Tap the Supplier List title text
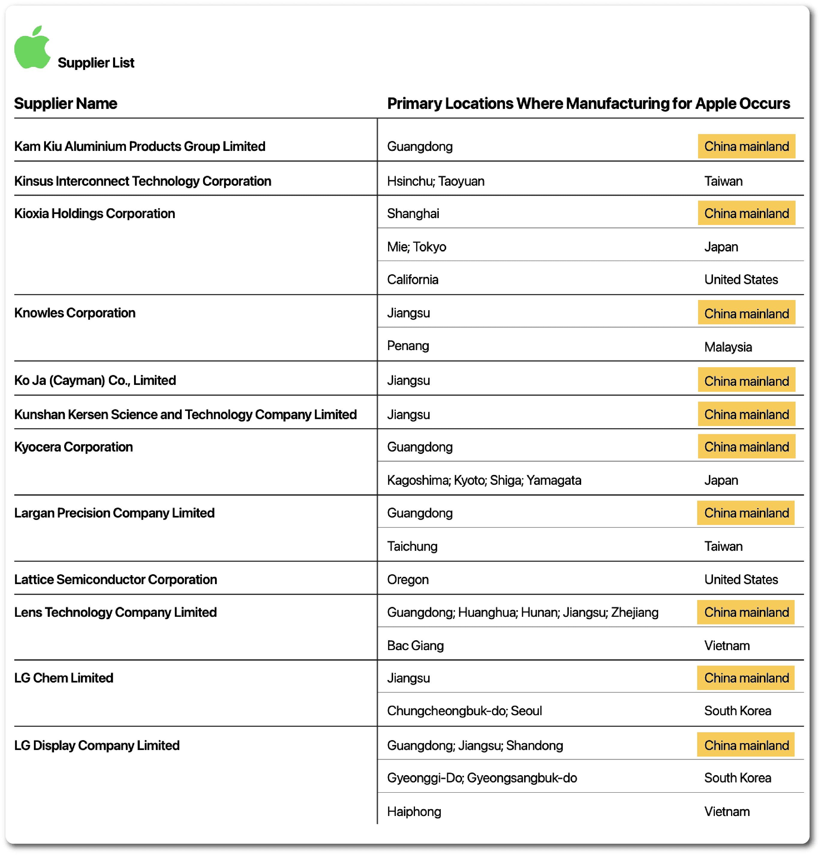tap(96, 63)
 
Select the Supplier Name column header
tap(65, 103)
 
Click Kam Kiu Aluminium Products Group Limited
tap(139, 146)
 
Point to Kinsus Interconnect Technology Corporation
tap(142, 181)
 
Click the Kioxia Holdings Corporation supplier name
tap(95, 213)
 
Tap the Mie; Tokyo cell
tap(416, 247)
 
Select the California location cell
tap(413, 280)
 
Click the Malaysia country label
tap(728, 347)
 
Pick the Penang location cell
tap(408, 346)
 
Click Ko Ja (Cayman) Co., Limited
tap(95, 380)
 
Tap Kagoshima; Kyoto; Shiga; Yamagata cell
tap(484, 480)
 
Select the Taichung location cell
tap(412, 547)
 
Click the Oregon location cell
tap(408, 580)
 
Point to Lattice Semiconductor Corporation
tap(115, 580)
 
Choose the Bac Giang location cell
tap(415, 646)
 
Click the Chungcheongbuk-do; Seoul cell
tap(464, 711)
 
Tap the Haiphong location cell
tap(414, 812)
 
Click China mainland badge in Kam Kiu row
tap(746, 146)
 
